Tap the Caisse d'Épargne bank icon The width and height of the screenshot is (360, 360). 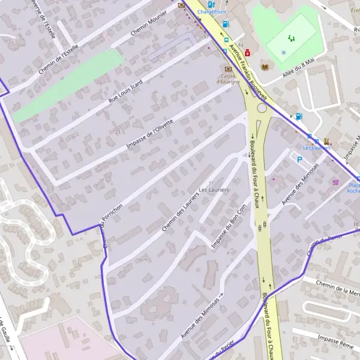(x=228, y=69)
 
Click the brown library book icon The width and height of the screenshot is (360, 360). (x=265, y=67)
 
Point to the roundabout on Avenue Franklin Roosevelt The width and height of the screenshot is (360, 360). (x=262, y=109)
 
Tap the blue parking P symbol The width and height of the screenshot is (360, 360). (x=299, y=160)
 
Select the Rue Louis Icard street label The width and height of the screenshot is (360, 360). (x=125, y=92)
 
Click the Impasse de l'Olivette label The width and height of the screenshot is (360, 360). (x=149, y=134)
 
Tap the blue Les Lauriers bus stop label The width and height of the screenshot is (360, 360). (x=317, y=148)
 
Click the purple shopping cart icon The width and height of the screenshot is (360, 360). (x=335, y=182)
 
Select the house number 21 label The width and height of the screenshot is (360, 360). (x=118, y=131)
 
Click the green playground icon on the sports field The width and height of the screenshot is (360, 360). (x=291, y=38)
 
